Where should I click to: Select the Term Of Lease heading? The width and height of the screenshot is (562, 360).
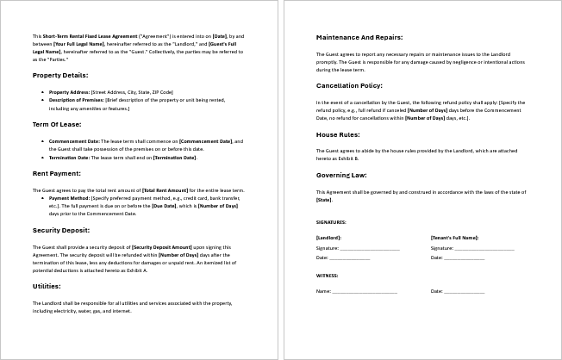[x=56, y=125]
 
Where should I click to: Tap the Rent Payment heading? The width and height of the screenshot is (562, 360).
[x=57, y=173]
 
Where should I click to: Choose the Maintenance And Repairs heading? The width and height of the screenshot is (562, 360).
[x=359, y=38]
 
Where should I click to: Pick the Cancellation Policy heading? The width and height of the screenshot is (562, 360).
[x=348, y=86]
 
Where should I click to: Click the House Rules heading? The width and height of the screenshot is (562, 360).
[x=338, y=134]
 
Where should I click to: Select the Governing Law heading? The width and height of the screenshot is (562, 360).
[x=341, y=175]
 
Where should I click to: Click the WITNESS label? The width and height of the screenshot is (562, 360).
[x=327, y=275]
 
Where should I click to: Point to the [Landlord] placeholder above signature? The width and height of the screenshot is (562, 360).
[x=328, y=237]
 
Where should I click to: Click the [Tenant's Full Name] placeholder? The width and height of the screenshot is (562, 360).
[x=454, y=237]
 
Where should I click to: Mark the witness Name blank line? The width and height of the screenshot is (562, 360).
[x=365, y=291]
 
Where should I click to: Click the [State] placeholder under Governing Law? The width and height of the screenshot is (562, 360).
[x=324, y=199]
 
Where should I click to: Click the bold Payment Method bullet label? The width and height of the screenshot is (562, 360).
[x=68, y=197]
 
